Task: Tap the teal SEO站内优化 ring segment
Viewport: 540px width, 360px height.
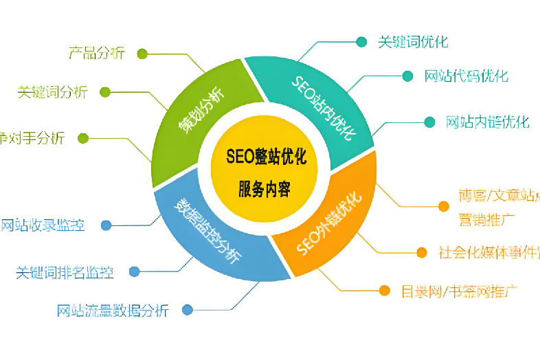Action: pos(322,106)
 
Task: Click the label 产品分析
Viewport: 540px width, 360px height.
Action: pos(96,53)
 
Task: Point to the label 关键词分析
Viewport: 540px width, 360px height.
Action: pos(52,92)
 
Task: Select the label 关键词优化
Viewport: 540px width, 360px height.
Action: pos(413,42)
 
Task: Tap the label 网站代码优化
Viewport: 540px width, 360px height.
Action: pos(466,76)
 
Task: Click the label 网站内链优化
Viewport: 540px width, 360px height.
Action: pos(487,122)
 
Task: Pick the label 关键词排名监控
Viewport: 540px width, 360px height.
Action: pos(65,271)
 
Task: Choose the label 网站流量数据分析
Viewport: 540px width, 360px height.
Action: pos(112,310)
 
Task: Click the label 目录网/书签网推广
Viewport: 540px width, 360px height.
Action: pos(459,291)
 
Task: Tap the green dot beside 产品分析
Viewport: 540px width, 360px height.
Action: pos(142,53)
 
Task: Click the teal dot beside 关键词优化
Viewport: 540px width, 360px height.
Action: pos(361,42)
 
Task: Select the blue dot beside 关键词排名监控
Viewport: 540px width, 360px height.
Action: pos(135,271)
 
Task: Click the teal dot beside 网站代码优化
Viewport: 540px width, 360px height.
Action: pos(408,76)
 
